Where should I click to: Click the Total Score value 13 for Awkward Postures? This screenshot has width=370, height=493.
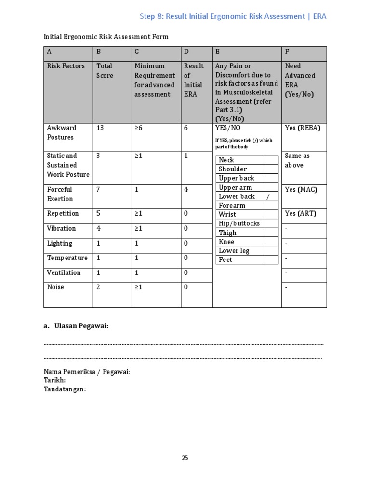(100, 128)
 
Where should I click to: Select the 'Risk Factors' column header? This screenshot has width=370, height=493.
(66, 66)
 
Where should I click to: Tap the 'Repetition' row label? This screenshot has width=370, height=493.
(63, 214)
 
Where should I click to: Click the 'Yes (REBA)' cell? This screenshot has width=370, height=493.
(302, 128)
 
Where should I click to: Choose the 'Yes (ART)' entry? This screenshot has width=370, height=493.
(301, 214)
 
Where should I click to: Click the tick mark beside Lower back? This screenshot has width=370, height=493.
(268, 196)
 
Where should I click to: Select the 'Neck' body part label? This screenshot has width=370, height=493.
(226, 160)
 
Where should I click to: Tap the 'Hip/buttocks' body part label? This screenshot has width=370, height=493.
(239, 223)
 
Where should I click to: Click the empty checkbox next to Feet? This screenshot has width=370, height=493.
(271, 260)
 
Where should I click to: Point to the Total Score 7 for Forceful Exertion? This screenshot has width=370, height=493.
(98, 190)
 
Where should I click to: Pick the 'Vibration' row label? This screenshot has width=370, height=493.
(61, 229)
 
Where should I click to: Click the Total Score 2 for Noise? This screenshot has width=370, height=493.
(98, 287)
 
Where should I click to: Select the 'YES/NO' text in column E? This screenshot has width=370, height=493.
(228, 128)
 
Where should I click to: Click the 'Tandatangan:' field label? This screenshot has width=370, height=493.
(65, 389)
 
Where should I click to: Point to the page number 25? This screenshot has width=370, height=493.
(185, 458)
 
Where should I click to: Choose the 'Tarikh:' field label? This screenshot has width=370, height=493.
(54, 380)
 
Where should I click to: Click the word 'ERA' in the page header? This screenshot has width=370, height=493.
(319, 16)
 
